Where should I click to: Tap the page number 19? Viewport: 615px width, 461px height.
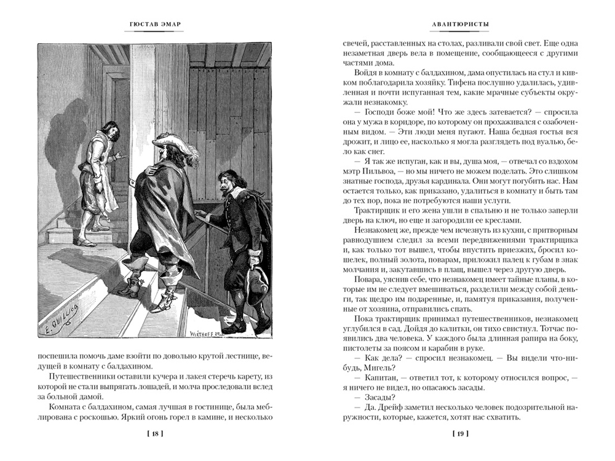461,435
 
